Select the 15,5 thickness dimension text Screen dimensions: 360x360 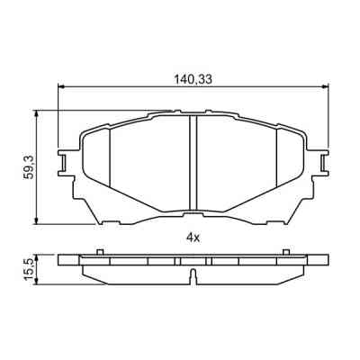30,268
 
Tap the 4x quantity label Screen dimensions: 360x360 192,237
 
